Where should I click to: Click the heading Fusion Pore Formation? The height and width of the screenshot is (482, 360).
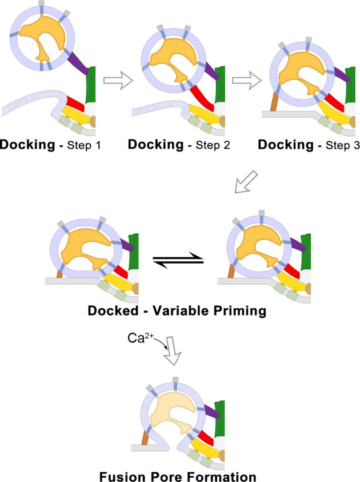pyautogui.click(x=177, y=474)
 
